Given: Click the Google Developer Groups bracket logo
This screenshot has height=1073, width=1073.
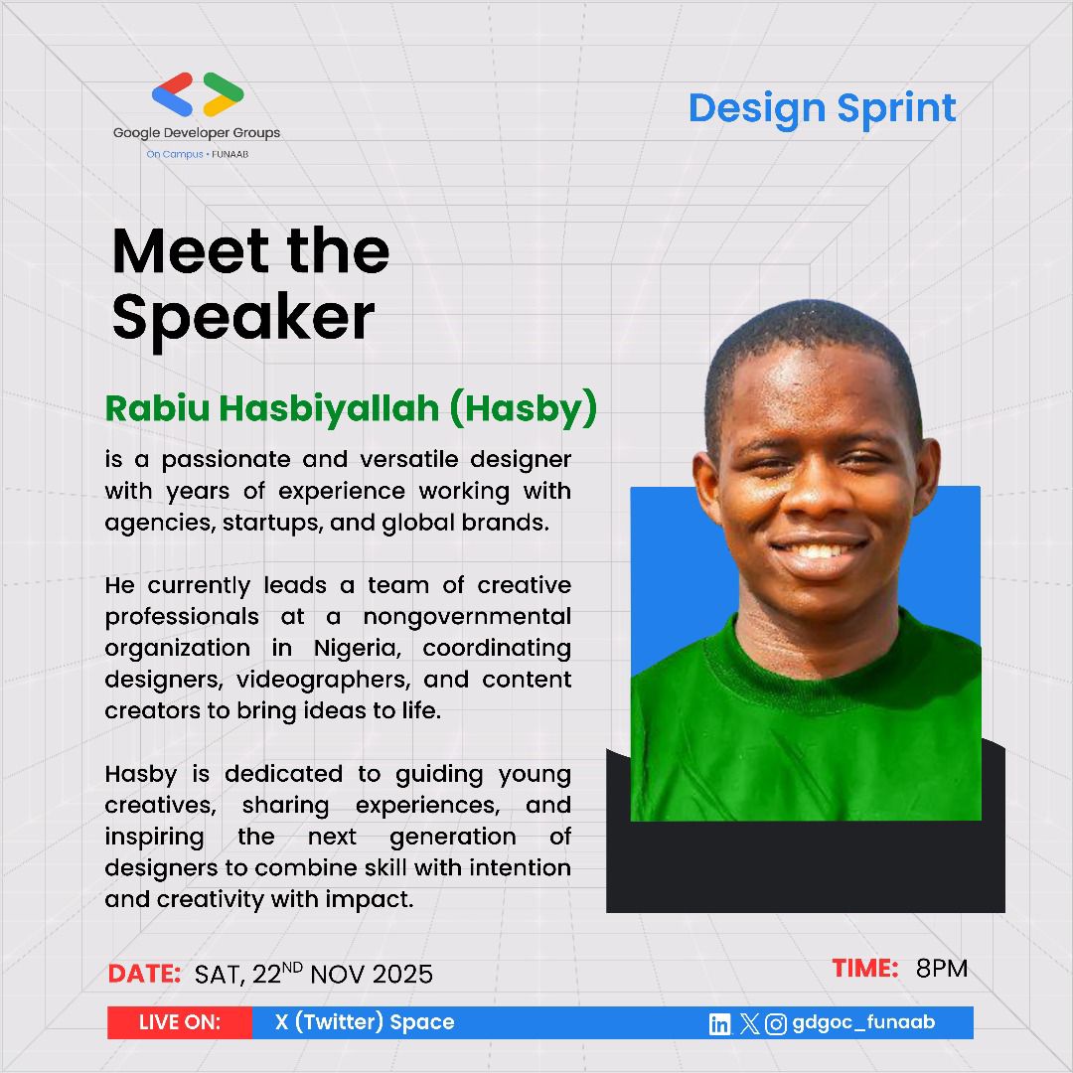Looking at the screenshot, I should coord(198,94).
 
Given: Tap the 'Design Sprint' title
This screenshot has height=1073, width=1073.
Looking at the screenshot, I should coord(822,108).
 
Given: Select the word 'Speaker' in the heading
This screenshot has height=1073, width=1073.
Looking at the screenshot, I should coord(243,317).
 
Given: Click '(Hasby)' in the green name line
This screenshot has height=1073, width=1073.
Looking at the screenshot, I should coord(523,408).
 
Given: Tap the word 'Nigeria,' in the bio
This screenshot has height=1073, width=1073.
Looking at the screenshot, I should coord(362,648).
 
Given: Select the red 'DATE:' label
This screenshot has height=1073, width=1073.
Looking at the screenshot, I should coord(144,974).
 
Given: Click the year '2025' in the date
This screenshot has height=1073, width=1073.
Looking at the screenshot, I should coord(402,974).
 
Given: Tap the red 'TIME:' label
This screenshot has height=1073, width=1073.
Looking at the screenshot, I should coord(864,968).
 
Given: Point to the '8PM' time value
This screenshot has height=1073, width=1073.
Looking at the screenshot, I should coord(941,968).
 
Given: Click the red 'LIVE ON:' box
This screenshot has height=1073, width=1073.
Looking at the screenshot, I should coord(180,1022).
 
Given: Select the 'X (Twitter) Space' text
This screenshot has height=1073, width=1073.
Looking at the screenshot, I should coord(365,1022).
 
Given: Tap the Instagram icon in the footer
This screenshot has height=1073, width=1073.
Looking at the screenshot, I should coord(777,1024).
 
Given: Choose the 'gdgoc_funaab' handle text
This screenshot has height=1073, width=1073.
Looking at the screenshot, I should coord(863,1022).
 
